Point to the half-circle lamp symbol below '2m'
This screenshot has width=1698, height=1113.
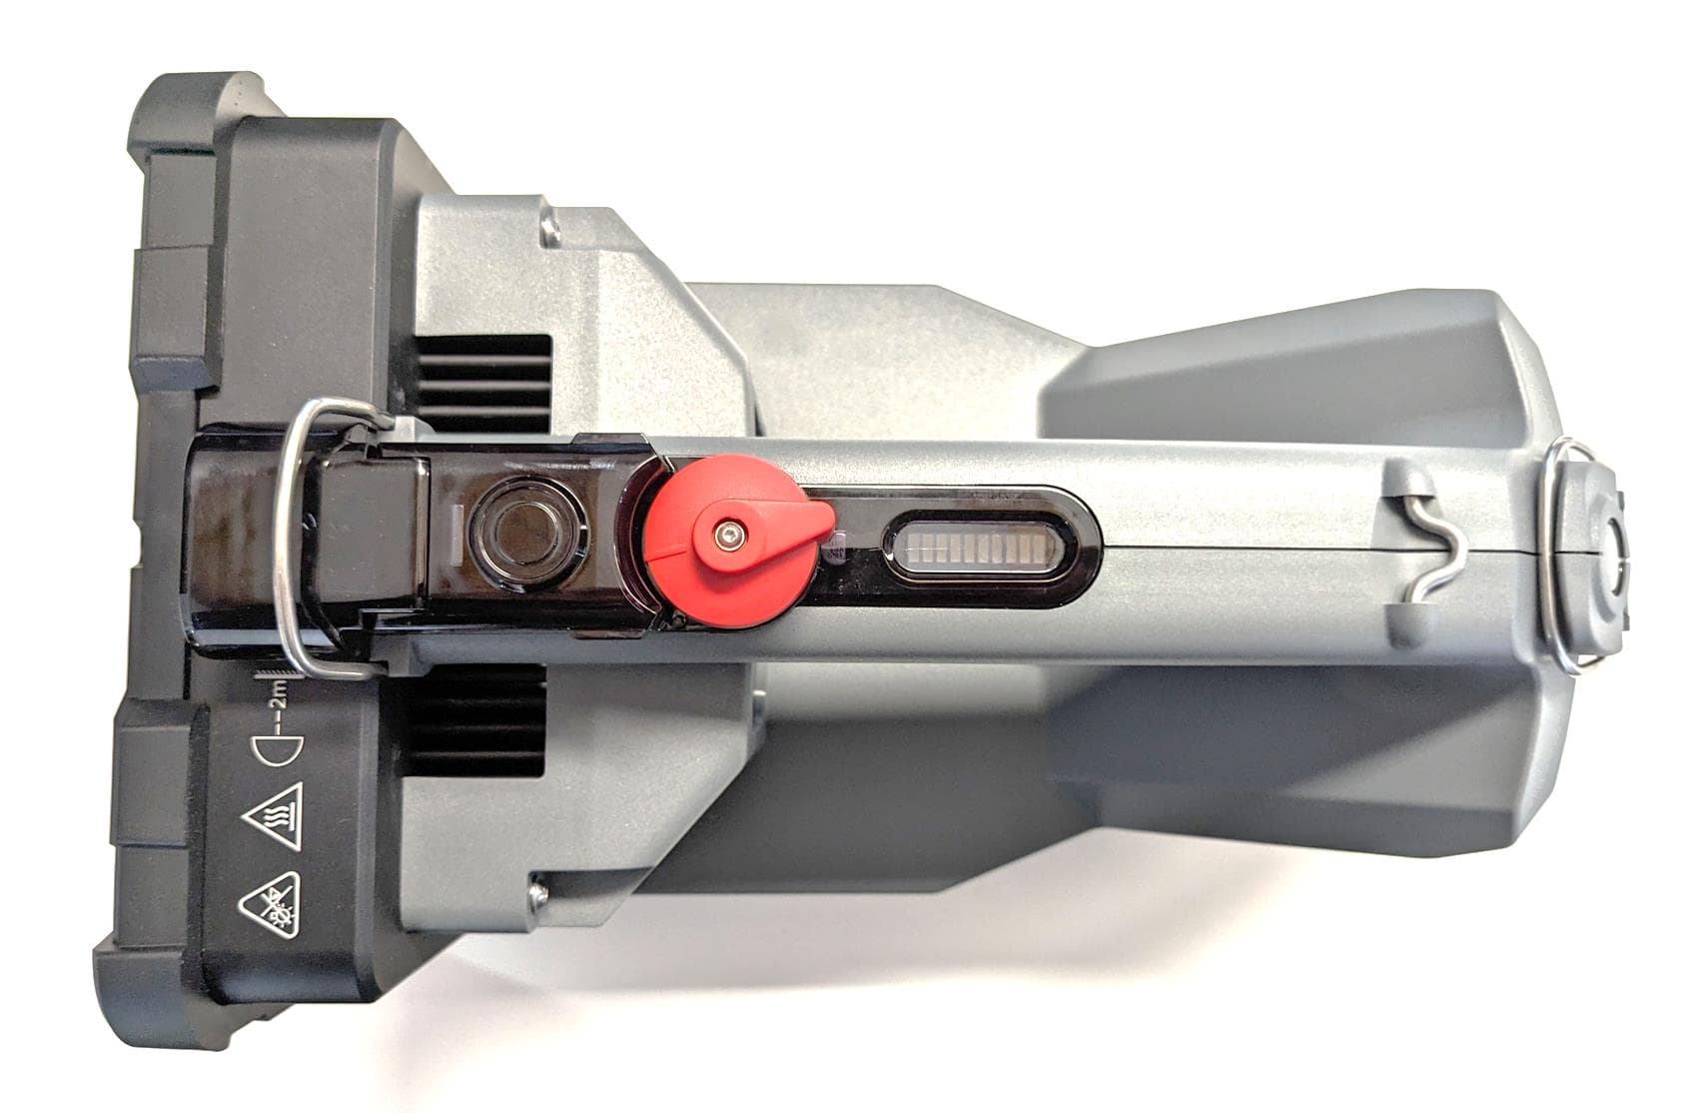click(x=277, y=750)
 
